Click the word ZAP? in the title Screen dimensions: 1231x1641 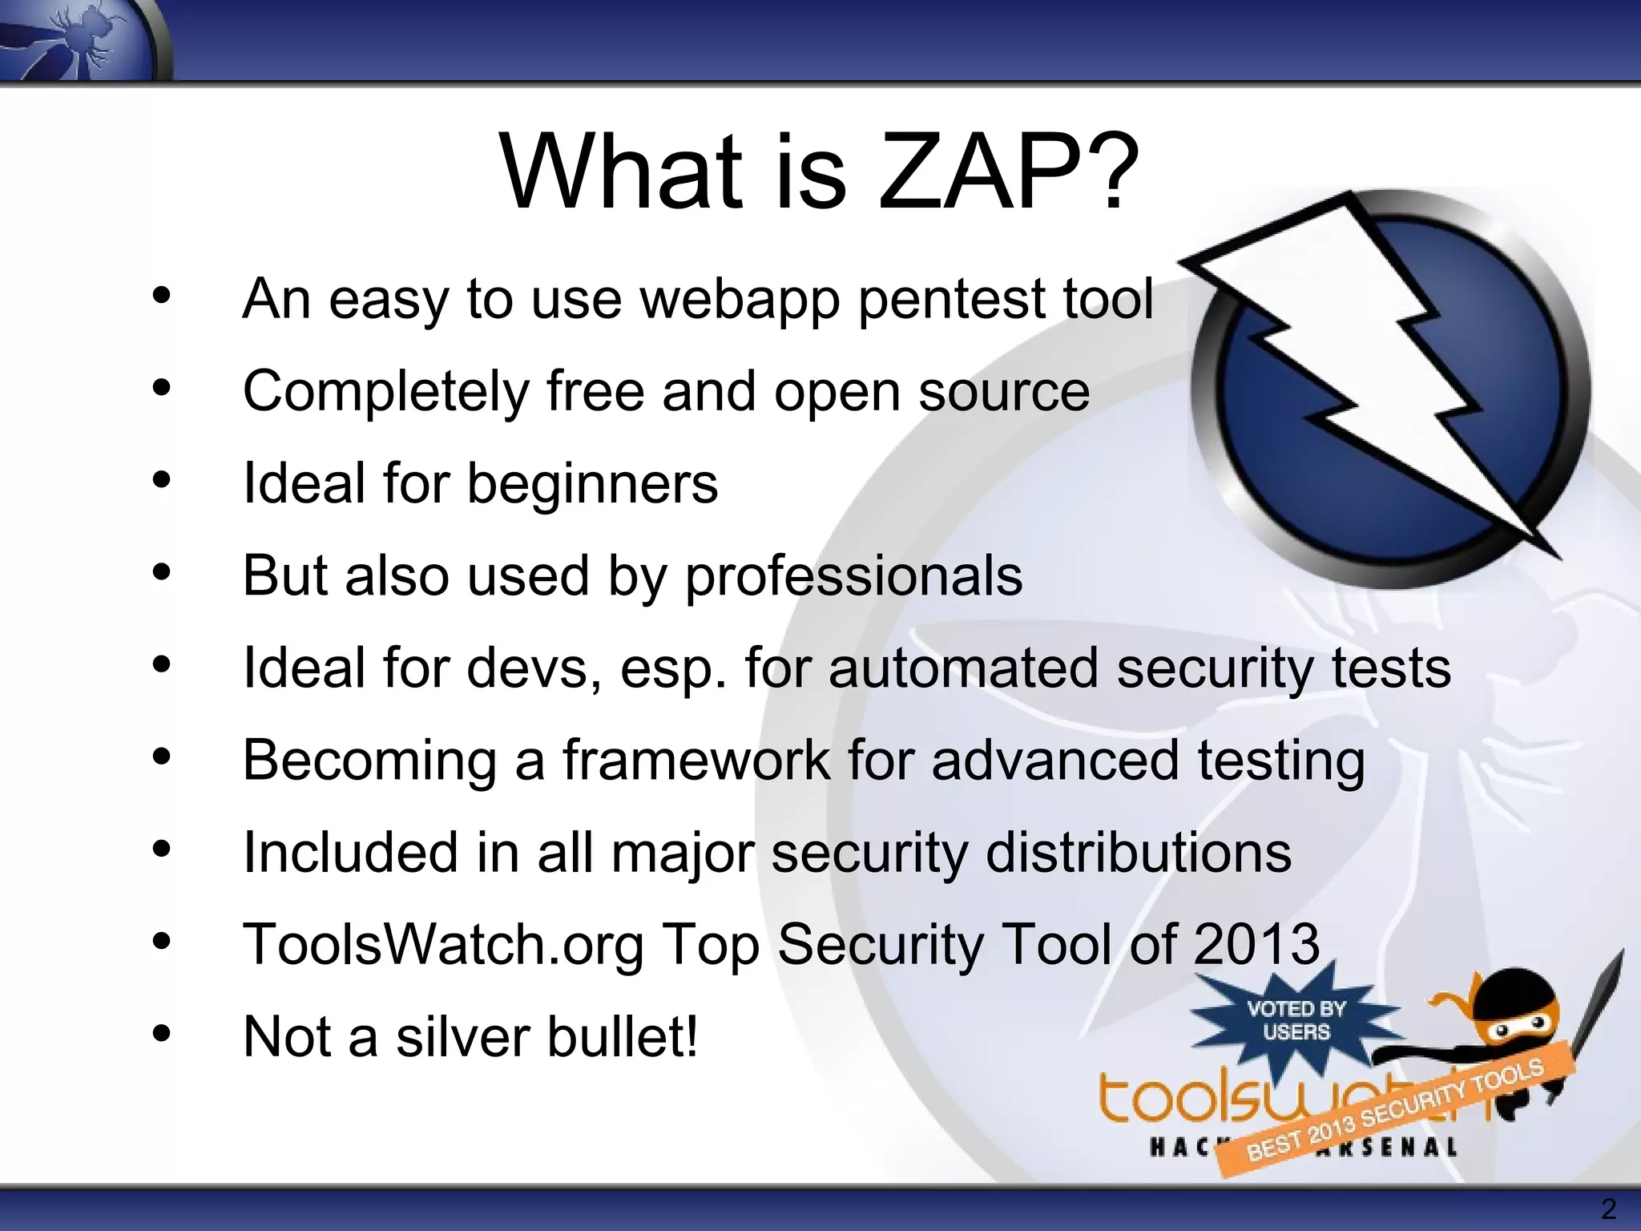tap(1008, 172)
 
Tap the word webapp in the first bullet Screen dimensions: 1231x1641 tap(740, 300)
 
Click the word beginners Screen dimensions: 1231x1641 tap(592, 484)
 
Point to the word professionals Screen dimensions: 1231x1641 tap(853, 576)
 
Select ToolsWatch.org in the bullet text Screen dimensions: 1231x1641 tap(443, 944)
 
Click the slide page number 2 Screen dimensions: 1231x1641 tap(1607, 1209)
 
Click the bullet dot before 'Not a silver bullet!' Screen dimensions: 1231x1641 tap(162, 1034)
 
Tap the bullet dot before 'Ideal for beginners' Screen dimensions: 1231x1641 tap(162, 481)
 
